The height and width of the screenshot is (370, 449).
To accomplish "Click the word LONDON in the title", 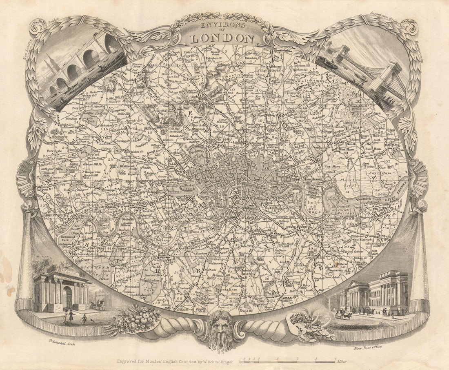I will pyautogui.click(x=222, y=38).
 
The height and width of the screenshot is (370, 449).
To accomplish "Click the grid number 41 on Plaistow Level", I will pyautogui.click(x=347, y=191).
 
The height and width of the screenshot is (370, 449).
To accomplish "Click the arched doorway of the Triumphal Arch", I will pyautogui.click(x=67, y=297).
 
